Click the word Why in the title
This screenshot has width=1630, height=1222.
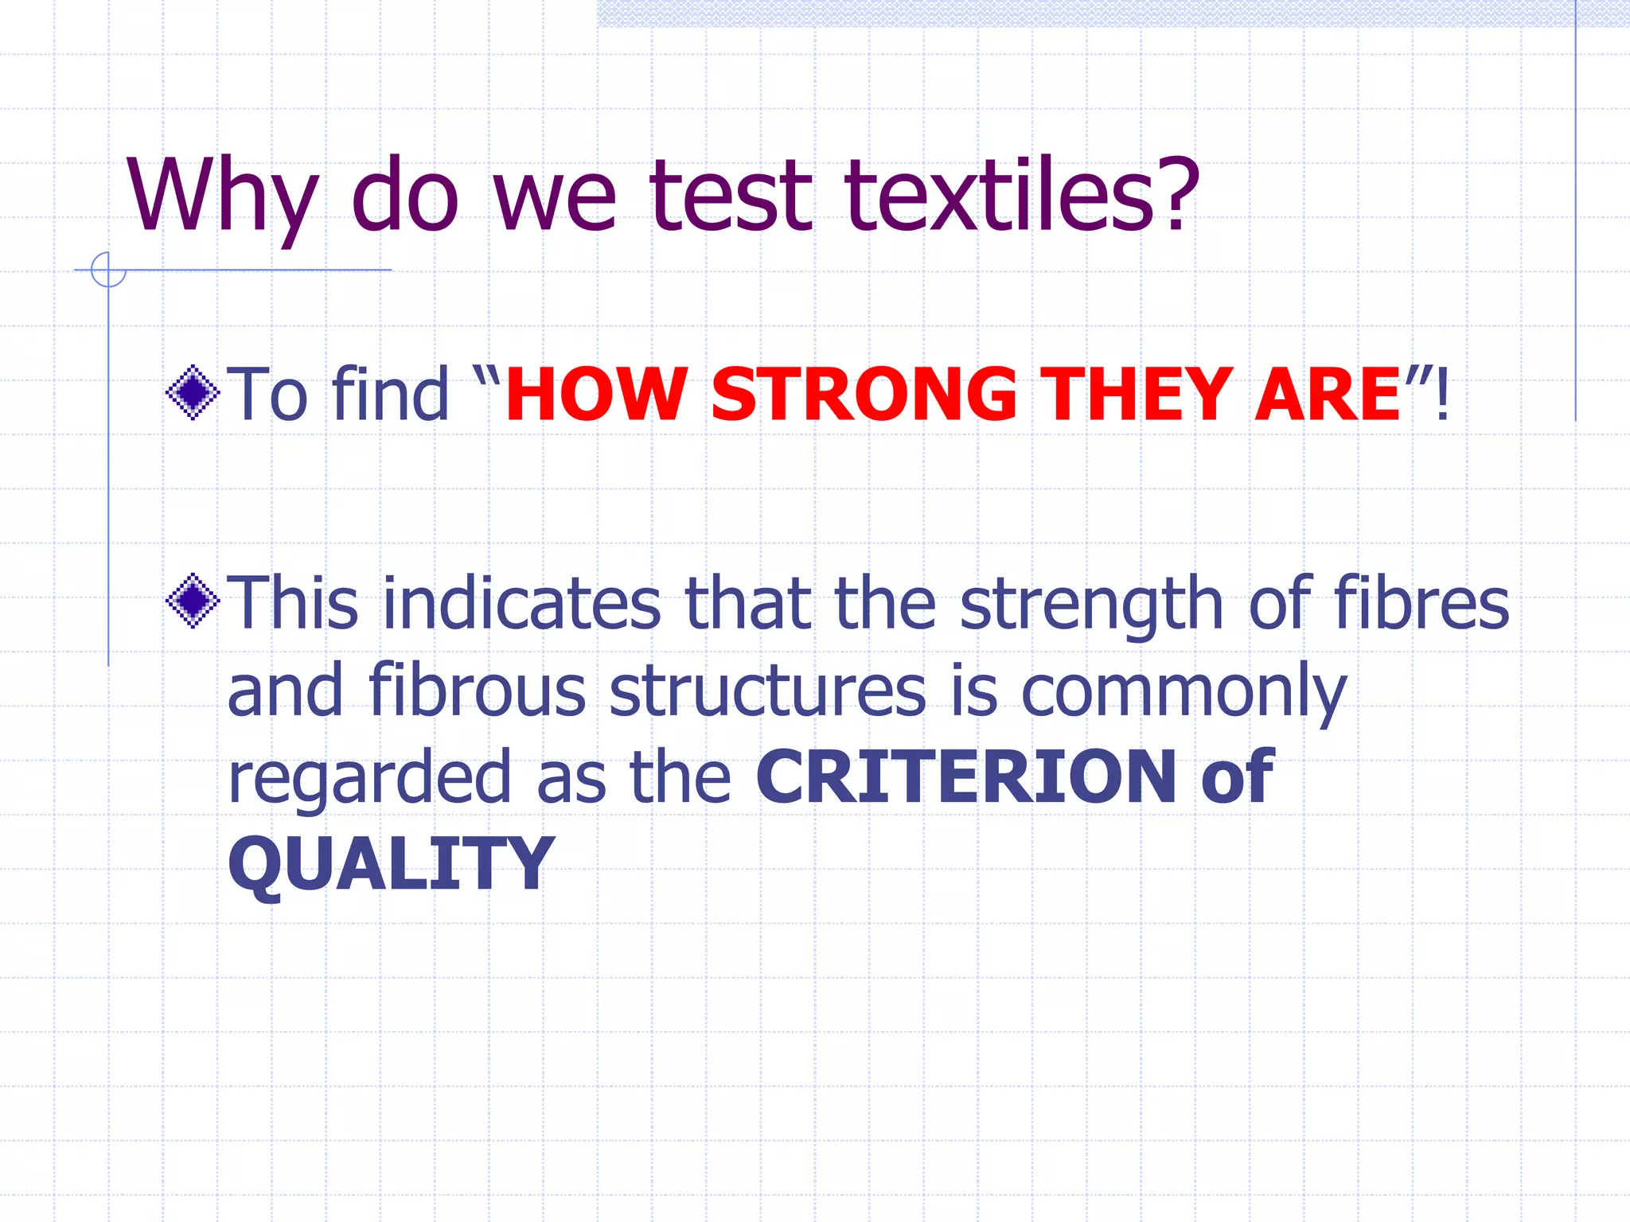pyautogui.click(x=222, y=197)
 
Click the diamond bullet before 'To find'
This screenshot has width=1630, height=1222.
pyautogui.click(x=193, y=392)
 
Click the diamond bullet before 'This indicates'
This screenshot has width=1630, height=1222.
pyautogui.click(x=193, y=601)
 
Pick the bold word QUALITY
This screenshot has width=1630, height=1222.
pyautogui.click(x=391, y=864)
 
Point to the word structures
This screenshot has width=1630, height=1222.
pyautogui.click(x=768, y=690)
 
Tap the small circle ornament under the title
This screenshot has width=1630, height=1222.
pyautogui.click(x=108, y=270)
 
